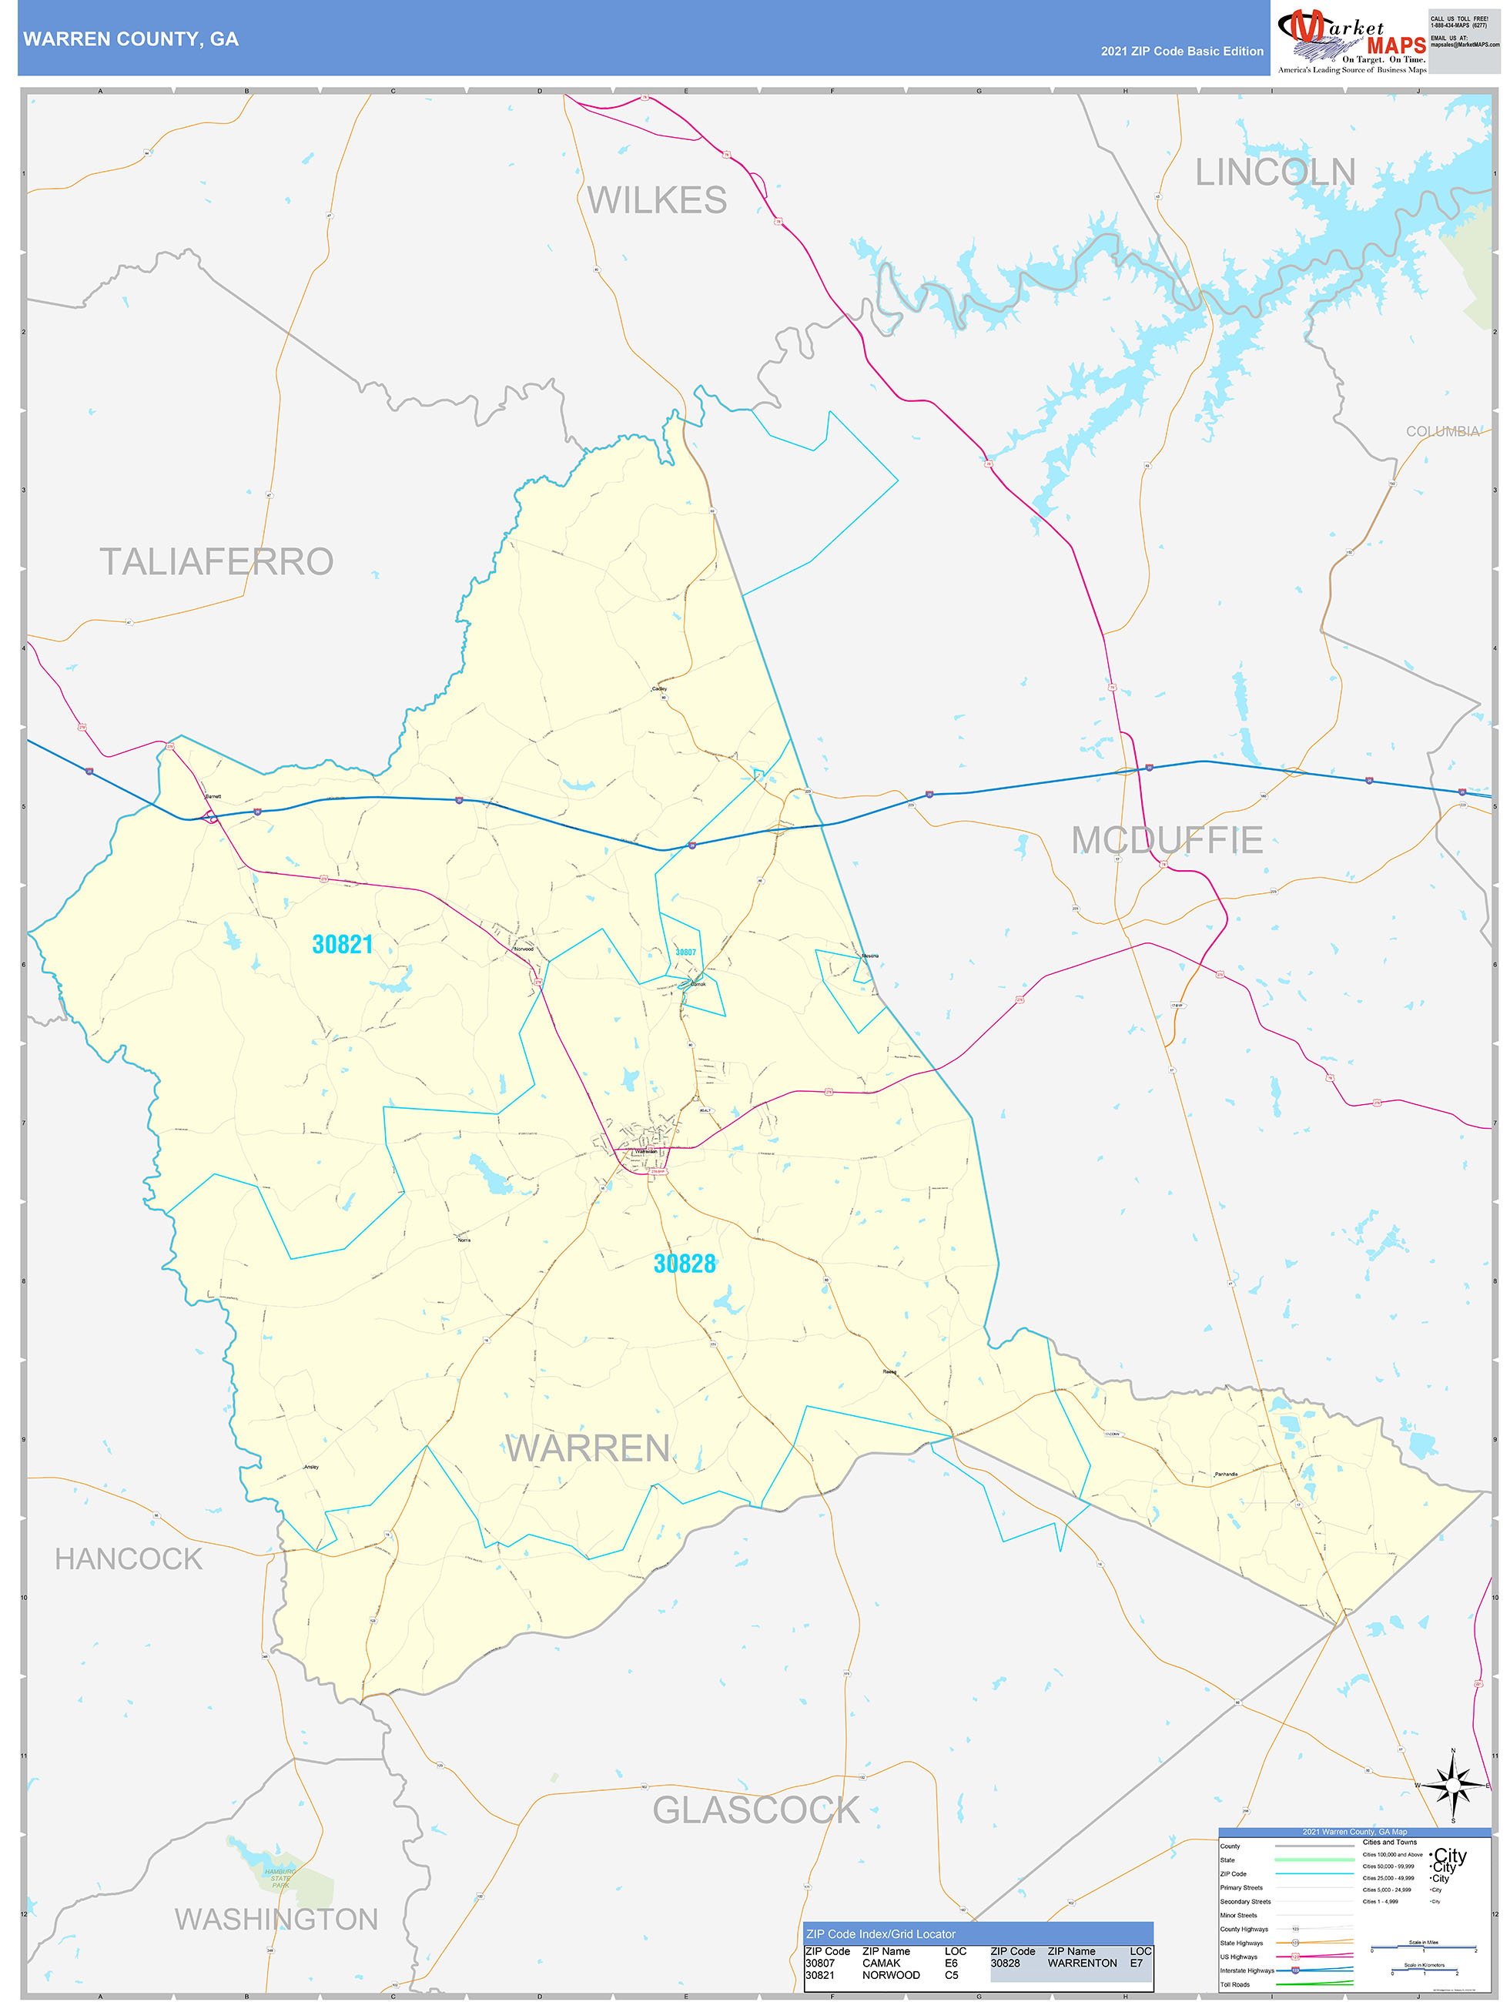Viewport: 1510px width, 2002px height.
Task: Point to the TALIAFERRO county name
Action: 216,561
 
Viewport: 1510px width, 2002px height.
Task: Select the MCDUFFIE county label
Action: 1167,840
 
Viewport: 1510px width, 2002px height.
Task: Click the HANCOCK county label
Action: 129,1558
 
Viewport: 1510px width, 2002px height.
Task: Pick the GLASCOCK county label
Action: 756,1810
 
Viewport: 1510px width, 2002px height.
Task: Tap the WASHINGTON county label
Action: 276,1920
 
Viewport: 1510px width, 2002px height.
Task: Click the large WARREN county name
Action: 588,1448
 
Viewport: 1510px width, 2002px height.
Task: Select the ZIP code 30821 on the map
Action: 342,944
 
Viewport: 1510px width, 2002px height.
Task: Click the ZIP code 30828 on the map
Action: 685,1264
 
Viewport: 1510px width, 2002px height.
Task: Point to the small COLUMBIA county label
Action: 1442,432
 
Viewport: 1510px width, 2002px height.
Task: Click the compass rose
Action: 1453,1786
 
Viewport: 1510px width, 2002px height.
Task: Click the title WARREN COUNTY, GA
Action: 131,39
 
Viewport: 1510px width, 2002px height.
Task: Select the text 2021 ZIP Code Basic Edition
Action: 1181,52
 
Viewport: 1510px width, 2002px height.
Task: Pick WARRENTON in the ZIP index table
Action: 1082,1963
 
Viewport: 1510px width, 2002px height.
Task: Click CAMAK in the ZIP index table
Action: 881,1963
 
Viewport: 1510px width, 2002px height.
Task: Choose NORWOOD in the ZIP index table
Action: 890,1975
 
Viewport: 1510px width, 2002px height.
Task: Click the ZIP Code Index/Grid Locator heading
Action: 880,1934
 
